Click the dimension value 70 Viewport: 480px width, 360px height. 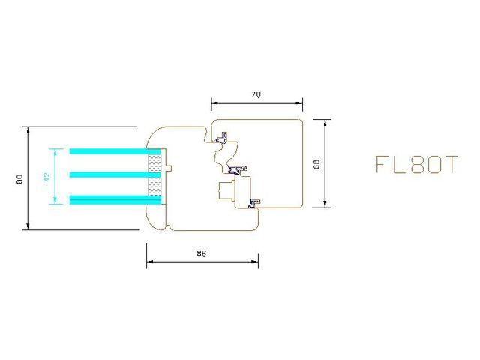(256, 95)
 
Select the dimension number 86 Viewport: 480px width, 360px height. (201, 253)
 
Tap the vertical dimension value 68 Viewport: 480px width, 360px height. (316, 163)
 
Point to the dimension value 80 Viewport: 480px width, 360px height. (19, 178)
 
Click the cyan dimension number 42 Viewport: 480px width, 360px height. (46, 177)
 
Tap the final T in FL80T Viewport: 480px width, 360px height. (448, 166)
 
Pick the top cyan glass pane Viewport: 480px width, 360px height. (109, 151)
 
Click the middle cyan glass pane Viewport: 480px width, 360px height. (109, 175)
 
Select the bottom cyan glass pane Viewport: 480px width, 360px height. (109, 199)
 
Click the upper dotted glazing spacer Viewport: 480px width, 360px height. (155, 163)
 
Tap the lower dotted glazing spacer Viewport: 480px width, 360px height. (155, 187)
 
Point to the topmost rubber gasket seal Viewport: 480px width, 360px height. (223, 139)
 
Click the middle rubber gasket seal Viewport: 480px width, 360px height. (238, 169)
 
